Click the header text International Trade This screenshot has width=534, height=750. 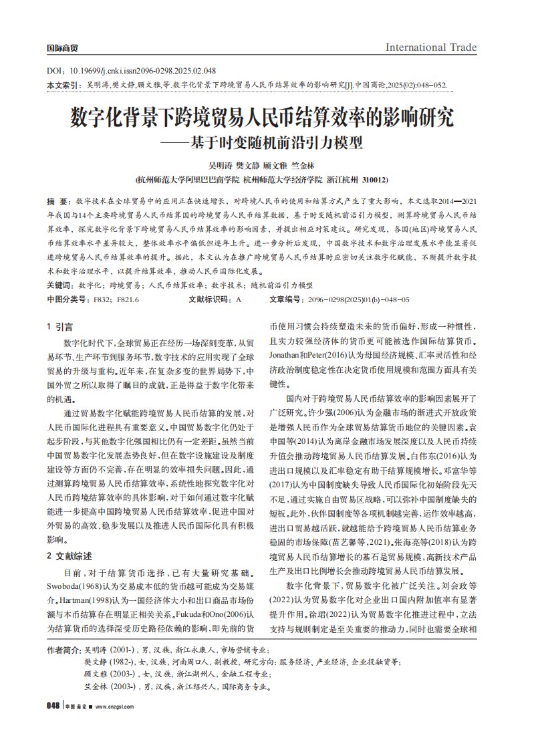pos(431,47)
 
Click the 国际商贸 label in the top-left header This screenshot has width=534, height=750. pos(61,48)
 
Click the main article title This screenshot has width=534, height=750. pos(262,119)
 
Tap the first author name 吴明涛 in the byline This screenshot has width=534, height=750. pos(220,165)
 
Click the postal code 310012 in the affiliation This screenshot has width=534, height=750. pos(374,180)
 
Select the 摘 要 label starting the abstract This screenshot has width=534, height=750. pos(57,200)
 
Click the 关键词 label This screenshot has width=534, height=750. pos(59,285)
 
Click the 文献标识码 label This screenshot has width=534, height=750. pos(211,300)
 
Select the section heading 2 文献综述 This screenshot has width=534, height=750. pos(69,555)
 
